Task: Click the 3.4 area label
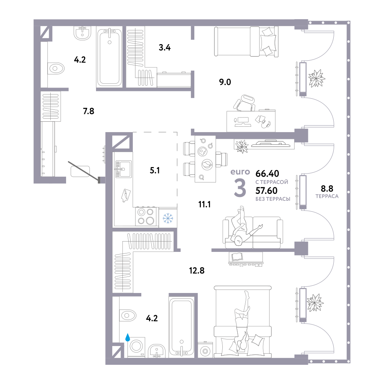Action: pos(165,48)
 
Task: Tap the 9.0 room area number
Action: pos(225,82)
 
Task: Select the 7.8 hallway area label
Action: pos(88,111)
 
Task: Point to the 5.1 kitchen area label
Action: pos(155,170)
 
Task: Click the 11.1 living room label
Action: pos(205,204)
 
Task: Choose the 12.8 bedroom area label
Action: pos(197,271)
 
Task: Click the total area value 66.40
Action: pos(267,174)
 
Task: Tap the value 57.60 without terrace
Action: pos(266,190)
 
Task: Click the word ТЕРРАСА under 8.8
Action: pos(327,196)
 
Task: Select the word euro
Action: pos(240,172)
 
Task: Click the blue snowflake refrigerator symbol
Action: pos(168,218)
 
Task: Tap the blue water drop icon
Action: pos(127,337)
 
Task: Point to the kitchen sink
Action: pos(123,169)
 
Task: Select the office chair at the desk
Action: pos(244,103)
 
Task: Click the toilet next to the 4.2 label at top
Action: pos(56,68)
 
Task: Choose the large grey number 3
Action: pos(240,188)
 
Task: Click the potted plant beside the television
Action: pos(242,146)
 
